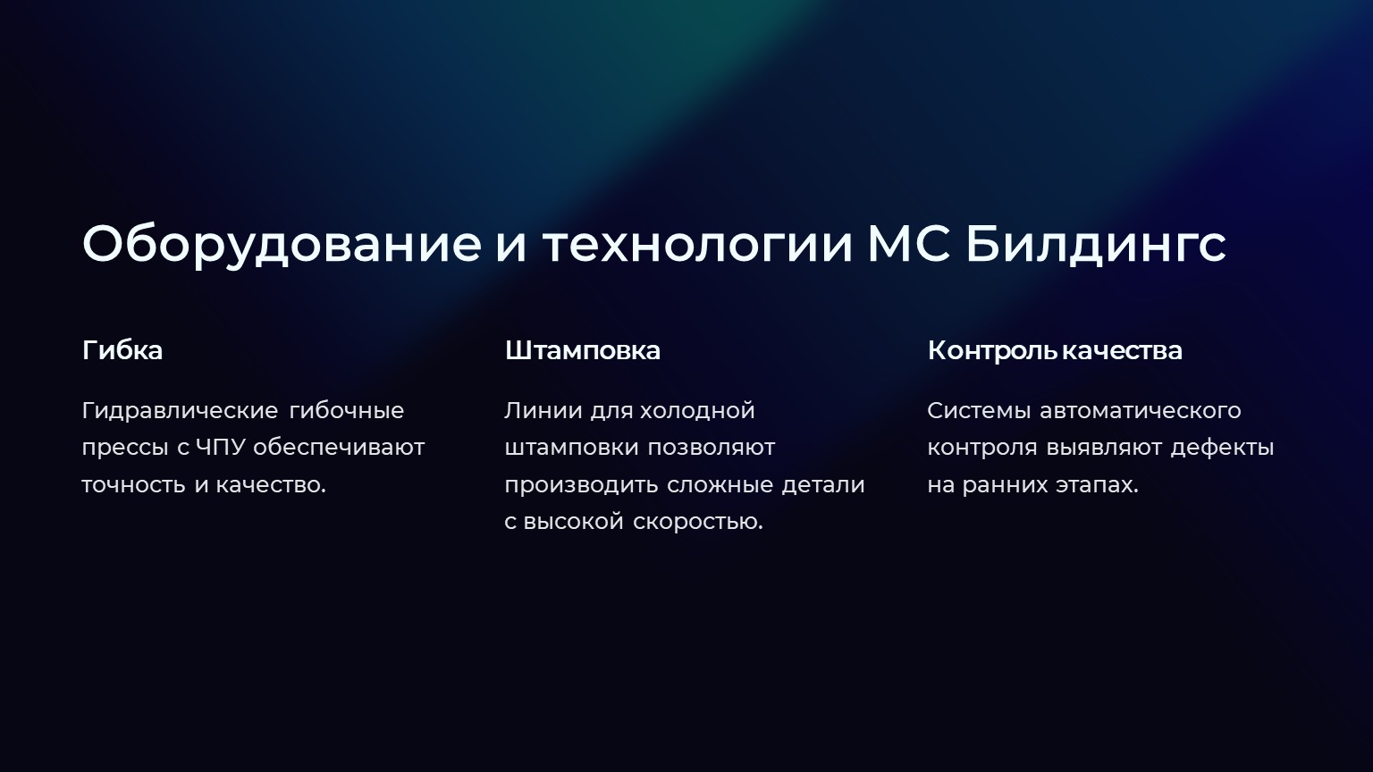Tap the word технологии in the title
[x=698, y=245]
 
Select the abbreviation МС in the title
[x=910, y=244]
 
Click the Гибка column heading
[x=122, y=350]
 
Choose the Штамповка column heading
[x=582, y=351]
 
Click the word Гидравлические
[x=180, y=411]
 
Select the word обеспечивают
[x=339, y=448]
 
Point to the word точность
[x=133, y=485]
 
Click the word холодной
[x=697, y=411]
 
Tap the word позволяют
[x=711, y=448]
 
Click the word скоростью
[x=697, y=523]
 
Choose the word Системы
[x=979, y=411]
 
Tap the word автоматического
[x=1140, y=411]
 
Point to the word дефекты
[x=1222, y=449]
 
